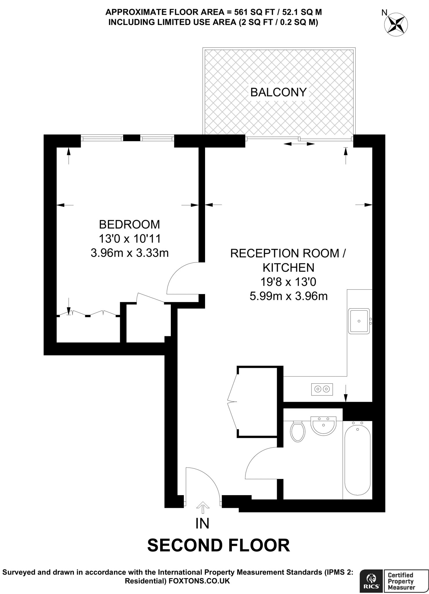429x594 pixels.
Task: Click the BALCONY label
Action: [x=278, y=92]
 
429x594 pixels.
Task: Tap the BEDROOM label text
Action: [x=129, y=224]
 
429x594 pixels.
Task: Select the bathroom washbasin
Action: [x=323, y=425]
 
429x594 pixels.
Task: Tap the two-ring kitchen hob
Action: [x=322, y=389]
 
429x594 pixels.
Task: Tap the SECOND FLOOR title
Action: [x=218, y=545]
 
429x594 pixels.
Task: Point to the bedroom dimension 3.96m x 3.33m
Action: [x=129, y=253]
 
